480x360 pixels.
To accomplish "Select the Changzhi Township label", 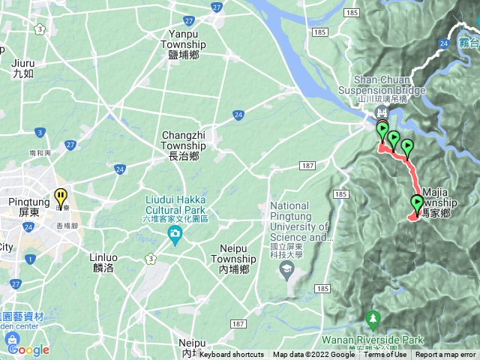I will click(x=181, y=145).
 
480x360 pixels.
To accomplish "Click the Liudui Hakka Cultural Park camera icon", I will click(x=175, y=237).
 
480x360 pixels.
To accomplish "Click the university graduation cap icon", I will click(x=288, y=269).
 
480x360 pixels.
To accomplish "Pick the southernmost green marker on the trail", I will click(x=417, y=202).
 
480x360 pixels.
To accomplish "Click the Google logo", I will click(x=28, y=349).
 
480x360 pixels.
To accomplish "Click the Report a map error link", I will click(x=445, y=355).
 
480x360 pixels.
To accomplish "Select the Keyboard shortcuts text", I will click(x=232, y=355).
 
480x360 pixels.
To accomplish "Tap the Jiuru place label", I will click(x=23, y=68).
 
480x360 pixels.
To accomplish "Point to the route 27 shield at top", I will click(x=216, y=7).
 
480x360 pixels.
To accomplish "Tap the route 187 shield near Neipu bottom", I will click(x=238, y=323).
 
